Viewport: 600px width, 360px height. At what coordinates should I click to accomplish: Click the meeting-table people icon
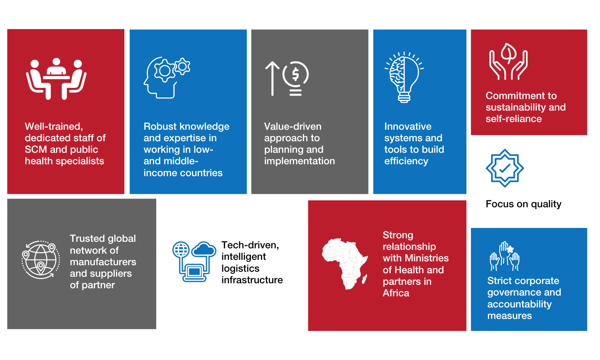point(56,79)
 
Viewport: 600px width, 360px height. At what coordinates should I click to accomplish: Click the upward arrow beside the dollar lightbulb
point(272,78)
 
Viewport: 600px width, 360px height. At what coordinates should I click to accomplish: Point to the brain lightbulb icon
point(404,77)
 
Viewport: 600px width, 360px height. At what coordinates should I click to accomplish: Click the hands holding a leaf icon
point(508,61)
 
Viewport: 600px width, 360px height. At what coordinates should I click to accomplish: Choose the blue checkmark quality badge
point(505,168)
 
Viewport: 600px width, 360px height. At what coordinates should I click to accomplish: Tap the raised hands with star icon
point(505,256)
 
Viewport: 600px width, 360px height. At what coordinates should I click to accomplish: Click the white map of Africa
point(345,263)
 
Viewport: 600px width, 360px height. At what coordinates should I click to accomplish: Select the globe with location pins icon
point(41,260)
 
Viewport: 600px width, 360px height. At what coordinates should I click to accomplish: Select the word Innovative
point(408,126)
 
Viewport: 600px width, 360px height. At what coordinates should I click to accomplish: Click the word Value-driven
point(293,126)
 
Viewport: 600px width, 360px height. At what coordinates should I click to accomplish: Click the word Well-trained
point(53,126)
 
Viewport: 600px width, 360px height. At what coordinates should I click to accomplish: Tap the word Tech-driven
point(250,245)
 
